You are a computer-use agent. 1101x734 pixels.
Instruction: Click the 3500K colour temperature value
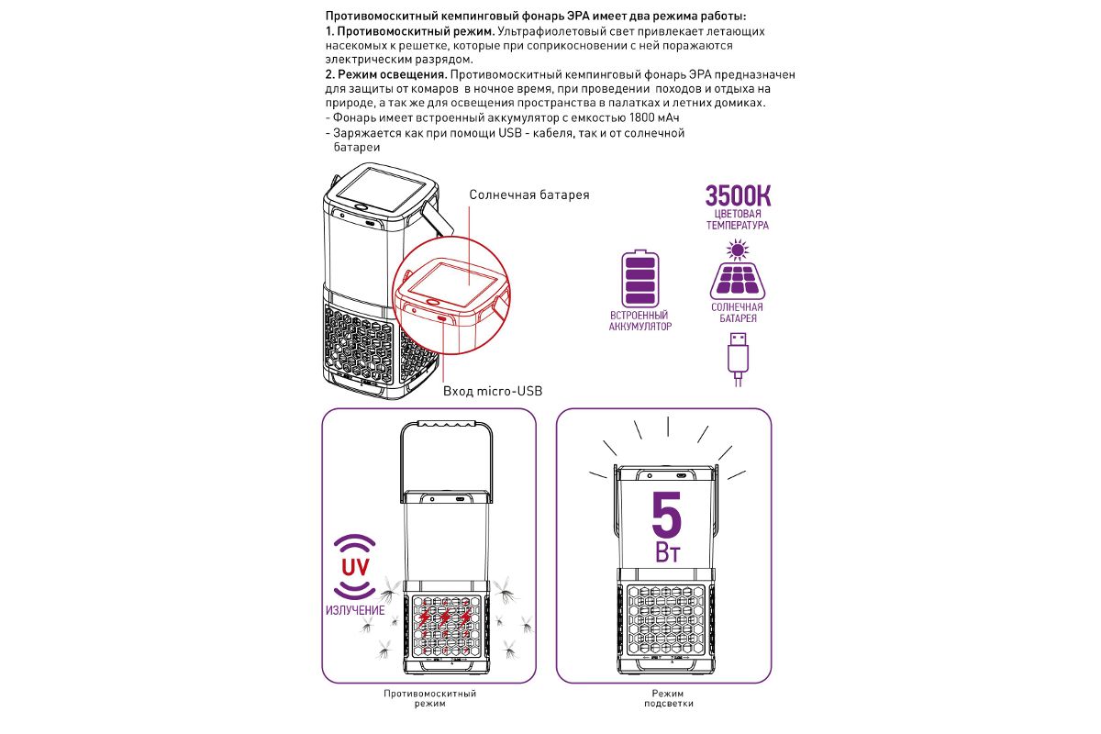[737, 195]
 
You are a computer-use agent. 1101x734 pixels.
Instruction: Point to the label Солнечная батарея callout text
[529, 195]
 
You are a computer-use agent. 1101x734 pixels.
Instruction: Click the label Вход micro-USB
[493, 391]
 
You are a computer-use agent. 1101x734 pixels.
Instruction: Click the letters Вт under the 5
[667, 554]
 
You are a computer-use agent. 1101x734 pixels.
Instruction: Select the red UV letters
[355, 566]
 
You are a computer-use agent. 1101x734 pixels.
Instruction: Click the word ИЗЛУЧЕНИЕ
[355, 610]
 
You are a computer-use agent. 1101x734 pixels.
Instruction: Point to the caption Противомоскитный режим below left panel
[430, 698]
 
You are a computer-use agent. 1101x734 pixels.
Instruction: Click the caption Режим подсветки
[668, 698]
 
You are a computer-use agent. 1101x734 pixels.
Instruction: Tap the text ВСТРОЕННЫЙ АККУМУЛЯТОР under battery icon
[639, 320]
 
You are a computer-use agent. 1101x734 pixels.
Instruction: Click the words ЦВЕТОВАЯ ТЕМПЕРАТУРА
[737, 219]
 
